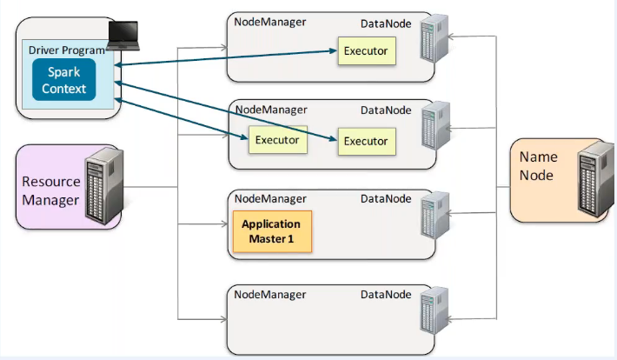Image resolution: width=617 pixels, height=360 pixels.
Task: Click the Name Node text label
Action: coord(538,166)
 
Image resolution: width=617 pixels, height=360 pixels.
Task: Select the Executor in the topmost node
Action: coord(366,51)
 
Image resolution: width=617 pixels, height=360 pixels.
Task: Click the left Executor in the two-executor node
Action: coord(277,140)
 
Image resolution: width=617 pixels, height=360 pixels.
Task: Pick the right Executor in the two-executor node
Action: coord(366,141)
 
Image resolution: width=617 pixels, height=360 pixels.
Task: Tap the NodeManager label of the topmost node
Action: coord(269,20)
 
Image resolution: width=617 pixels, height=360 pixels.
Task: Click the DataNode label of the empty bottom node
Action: coord(386,295)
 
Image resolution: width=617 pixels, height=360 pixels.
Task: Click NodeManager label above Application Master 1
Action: coord(269,199)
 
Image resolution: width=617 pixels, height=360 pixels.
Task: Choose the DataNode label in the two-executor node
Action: coord(386,110)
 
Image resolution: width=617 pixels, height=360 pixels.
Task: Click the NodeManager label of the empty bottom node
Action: coord(269,295)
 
